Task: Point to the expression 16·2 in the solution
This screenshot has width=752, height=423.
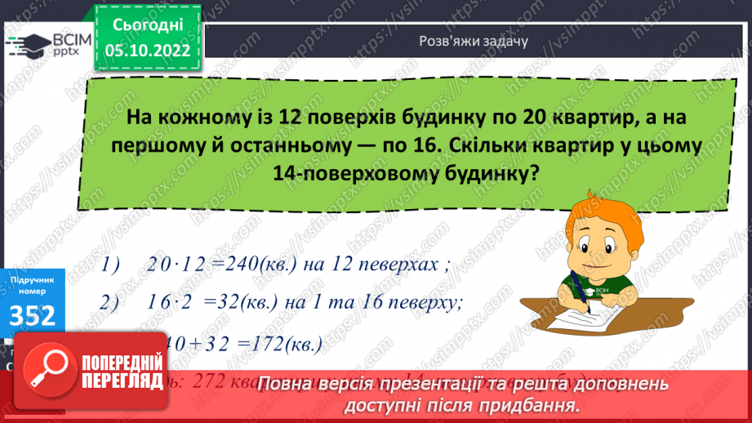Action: click(x=170, y=302)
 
